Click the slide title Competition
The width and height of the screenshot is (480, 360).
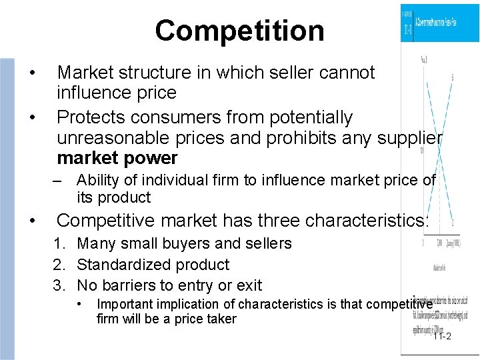pos(239,31)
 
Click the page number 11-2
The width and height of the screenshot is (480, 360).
pos(441,336)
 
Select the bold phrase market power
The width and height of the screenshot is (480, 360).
pos(117,158)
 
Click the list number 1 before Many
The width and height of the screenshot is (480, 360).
pos(59,243)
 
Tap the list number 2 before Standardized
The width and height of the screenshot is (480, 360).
pos(59,265)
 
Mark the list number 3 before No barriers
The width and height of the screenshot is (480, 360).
pos(59,285)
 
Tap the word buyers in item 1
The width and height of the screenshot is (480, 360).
pos(181,243)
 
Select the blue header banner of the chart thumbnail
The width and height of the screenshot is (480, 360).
pos(439,23)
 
